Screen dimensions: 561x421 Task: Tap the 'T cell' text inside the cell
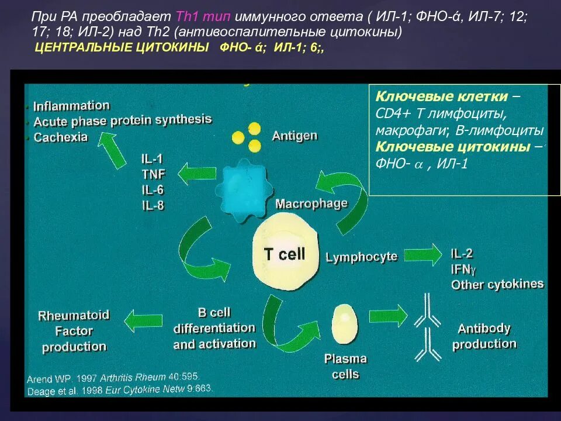click(x=285, y=254)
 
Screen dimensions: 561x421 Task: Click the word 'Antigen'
click(x=295, y=136)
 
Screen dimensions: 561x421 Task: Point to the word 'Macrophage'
click(x=311, y=204)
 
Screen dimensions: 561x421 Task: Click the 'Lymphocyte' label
click(x=361, y=257)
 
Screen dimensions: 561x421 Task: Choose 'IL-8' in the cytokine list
click(x=153, y=205)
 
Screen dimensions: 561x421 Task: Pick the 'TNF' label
click(x=153, y=174)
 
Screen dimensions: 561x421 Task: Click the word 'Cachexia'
click(x=61, y=137)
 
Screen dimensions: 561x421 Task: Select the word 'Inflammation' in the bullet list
click(x=71, y=106)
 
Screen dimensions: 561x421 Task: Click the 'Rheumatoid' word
click(x=74, y=316)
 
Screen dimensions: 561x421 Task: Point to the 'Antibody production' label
click(x=484, y=336)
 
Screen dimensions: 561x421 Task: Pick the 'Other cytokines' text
click(x=497, y=285)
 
